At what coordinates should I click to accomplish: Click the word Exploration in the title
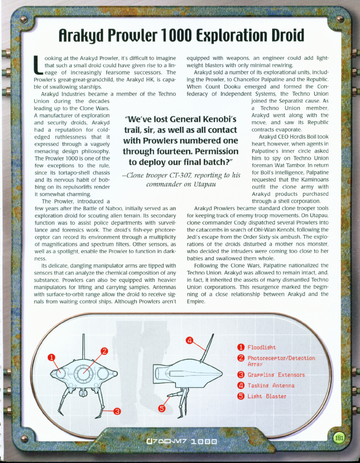216,35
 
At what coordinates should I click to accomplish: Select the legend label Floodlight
262,347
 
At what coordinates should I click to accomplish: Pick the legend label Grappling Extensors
276,375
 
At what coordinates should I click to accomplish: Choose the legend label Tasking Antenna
271,385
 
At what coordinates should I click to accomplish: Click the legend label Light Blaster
267,396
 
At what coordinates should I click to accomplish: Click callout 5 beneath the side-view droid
162,408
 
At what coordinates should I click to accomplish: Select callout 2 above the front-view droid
104,350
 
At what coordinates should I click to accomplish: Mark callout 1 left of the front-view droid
51,357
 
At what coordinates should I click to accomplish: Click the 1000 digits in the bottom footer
205,442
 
